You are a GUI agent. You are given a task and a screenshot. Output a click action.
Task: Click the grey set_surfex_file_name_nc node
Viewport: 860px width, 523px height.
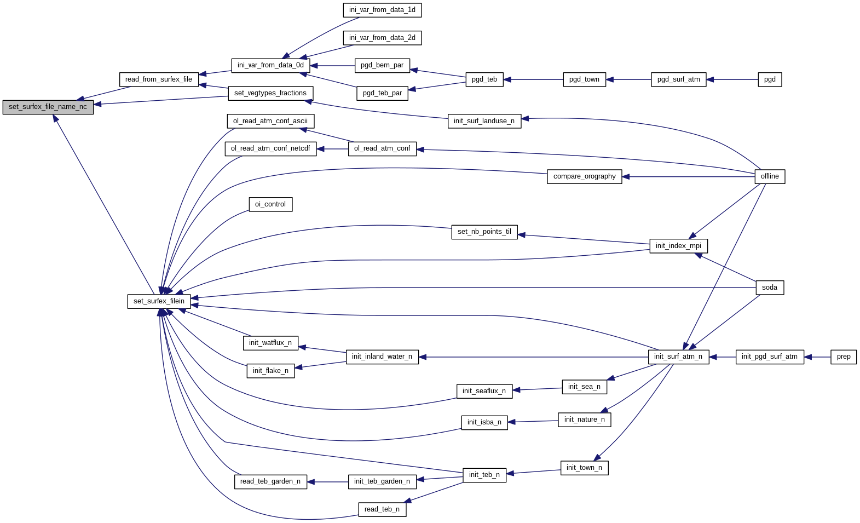48,107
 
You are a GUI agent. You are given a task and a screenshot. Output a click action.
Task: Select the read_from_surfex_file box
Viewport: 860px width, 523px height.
159,79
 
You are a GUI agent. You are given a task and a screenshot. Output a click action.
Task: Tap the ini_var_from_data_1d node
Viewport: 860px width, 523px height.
382,10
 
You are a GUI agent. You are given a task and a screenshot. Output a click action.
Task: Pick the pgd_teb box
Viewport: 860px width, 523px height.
484,79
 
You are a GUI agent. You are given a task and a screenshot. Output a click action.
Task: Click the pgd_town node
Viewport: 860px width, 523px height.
584,79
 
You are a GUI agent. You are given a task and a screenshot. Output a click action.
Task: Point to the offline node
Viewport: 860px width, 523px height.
769,176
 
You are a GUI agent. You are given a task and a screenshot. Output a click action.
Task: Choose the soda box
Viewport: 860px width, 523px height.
769,288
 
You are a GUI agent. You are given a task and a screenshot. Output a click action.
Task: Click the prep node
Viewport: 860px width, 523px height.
843,357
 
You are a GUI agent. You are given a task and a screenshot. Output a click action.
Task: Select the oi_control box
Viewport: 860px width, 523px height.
270,204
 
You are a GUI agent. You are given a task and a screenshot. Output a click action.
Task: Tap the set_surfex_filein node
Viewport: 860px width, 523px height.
159,301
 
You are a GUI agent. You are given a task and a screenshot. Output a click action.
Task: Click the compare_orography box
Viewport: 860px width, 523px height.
584,176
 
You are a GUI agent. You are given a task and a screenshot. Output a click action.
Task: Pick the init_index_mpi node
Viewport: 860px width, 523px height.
678,246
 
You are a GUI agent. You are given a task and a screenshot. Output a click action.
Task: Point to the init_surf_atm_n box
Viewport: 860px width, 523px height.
678,357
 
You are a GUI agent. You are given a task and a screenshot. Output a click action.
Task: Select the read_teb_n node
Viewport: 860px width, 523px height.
382,509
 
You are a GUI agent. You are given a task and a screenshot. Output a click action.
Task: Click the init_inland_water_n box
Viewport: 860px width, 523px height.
382,357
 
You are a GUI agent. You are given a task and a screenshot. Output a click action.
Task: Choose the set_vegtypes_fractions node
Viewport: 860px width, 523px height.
270,93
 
